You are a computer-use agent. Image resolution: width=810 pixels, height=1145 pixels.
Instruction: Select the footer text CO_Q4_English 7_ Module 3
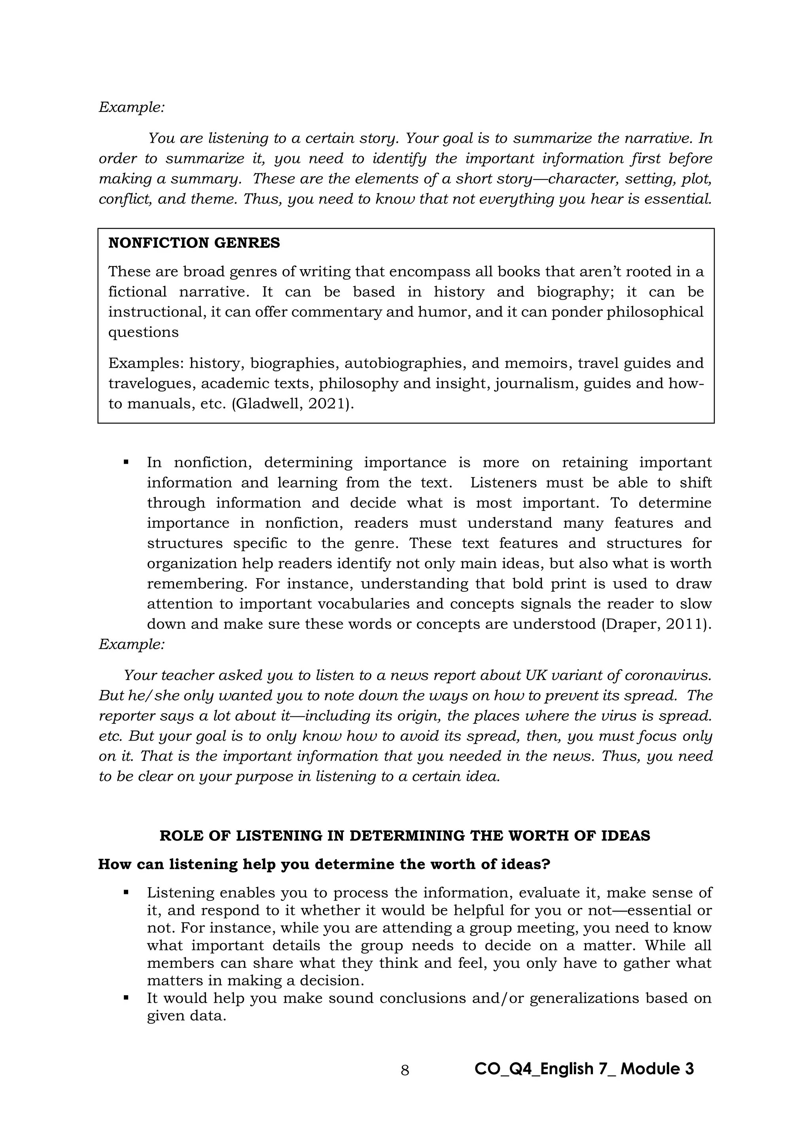pyautogui.click(x=584, y=1069)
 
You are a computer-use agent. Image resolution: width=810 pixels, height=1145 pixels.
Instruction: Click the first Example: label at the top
pyautogui.click(x=132, y=107)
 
